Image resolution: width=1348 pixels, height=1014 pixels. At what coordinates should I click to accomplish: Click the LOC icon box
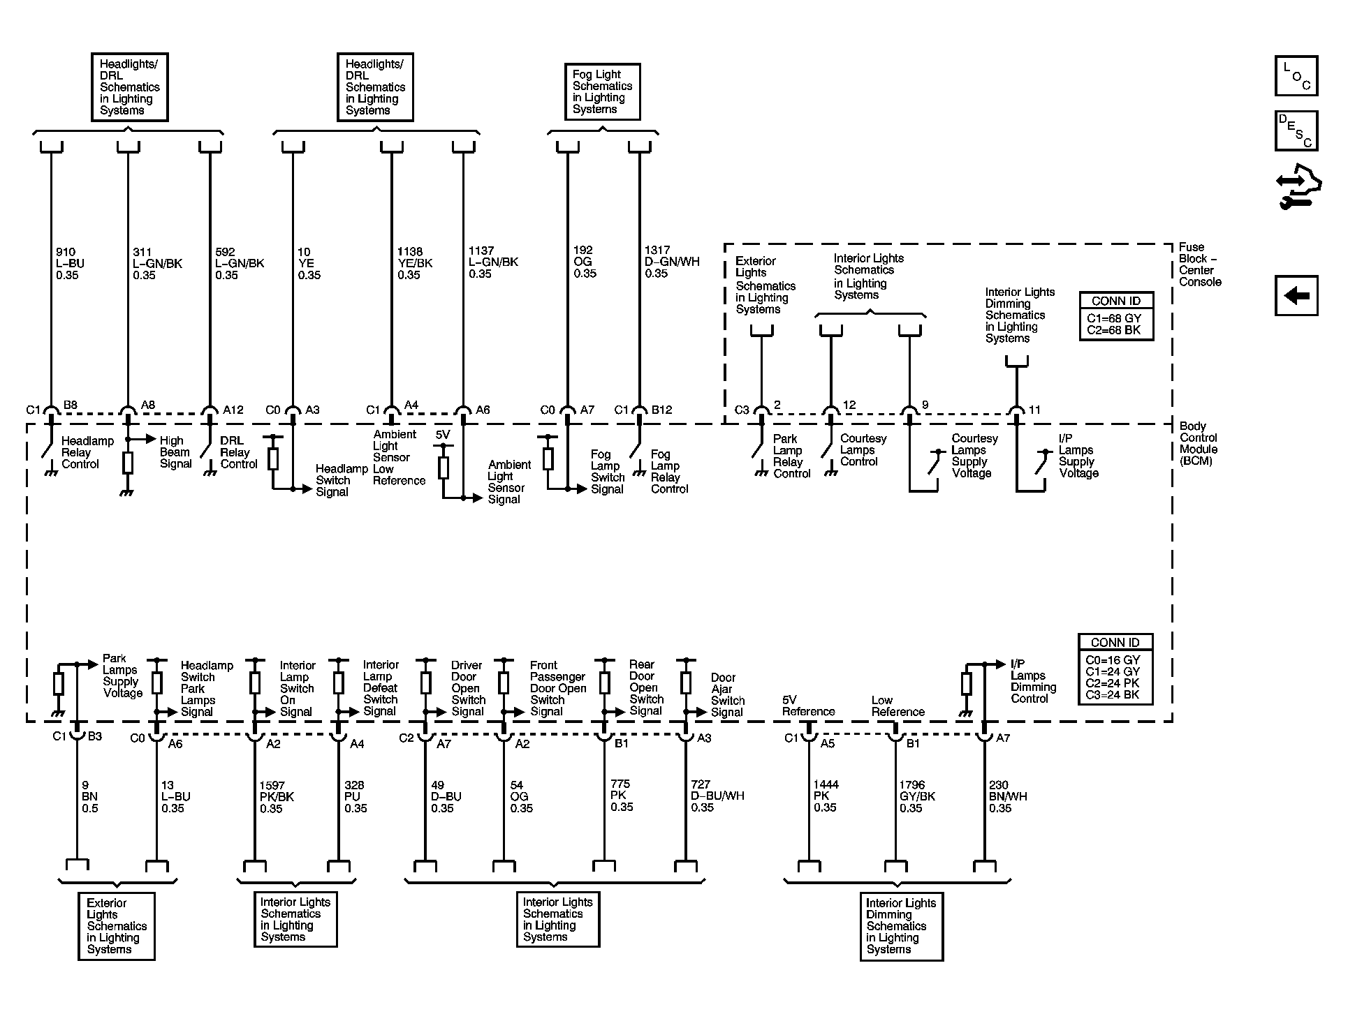coord(1296,76)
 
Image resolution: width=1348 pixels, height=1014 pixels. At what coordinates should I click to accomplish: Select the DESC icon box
coord(1296,131)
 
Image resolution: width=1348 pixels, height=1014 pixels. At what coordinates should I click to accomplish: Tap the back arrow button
coord(1296,295)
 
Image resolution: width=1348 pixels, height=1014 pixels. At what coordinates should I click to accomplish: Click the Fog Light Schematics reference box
coord(601,92)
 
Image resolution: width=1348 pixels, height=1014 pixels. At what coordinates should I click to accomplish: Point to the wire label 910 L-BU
coord(70,263)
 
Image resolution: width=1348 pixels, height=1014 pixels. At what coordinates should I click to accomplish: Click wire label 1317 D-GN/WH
coord(671,262)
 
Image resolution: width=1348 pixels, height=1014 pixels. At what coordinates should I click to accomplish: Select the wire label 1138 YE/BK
coord(415,263)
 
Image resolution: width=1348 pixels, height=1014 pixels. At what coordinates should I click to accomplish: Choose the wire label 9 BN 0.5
coord(90,796)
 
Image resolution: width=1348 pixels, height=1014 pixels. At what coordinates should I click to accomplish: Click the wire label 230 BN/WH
coord(1007,796)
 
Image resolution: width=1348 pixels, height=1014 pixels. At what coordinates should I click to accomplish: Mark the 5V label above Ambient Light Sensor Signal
coord(443,435)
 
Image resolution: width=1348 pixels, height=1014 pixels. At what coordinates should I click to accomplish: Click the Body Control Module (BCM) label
coord(1198,443)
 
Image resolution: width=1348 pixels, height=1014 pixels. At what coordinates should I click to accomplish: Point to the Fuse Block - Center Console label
coord(1199,264)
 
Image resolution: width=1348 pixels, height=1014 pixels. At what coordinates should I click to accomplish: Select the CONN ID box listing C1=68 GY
coord(1116,316)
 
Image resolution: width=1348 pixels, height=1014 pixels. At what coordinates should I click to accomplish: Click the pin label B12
coord(661,410)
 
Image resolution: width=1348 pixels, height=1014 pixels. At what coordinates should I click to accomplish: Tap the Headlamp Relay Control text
coord(87,452)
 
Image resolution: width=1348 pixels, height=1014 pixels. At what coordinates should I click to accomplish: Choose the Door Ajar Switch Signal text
coord(727,694)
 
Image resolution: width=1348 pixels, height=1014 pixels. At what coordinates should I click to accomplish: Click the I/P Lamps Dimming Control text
coord(1033,681)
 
